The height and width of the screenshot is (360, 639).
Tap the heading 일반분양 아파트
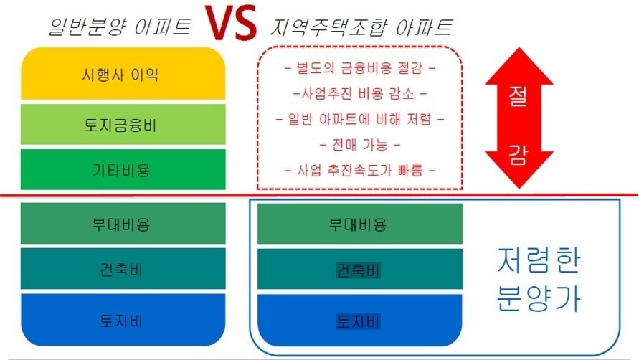120,27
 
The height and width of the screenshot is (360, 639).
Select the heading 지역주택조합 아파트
361,27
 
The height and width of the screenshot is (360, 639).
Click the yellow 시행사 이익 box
123,73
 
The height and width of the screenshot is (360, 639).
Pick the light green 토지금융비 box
123,124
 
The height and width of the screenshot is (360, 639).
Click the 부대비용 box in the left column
123,224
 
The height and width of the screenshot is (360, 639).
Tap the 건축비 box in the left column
123,269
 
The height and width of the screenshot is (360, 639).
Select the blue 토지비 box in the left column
123,320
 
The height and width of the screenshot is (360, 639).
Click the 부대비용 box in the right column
360,224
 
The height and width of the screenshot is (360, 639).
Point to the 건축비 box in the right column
360,269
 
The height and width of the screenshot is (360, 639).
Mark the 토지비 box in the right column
360,320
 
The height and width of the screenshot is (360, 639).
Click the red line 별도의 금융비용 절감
360,67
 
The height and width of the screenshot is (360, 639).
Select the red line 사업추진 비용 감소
360,94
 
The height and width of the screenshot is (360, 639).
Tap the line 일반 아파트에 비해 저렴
360,119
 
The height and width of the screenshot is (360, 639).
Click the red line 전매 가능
360,144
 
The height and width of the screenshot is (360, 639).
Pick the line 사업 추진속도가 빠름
360,170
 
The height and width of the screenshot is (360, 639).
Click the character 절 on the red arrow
518,96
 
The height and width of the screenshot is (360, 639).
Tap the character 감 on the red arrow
518,156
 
